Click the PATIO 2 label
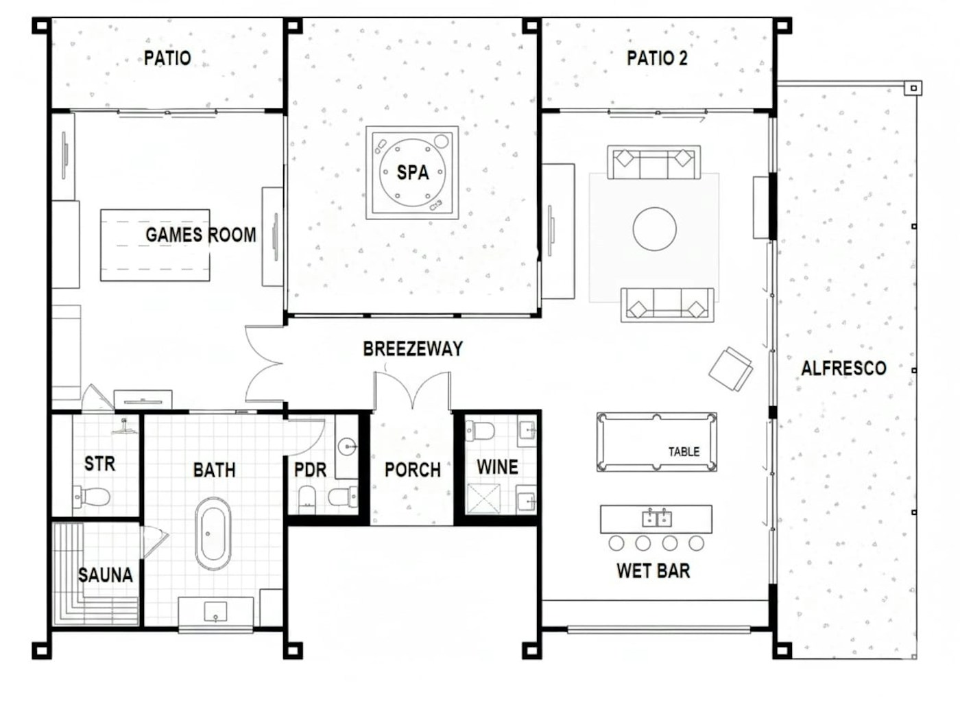(x=656, y=58)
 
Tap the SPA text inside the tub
(x=413, y=172)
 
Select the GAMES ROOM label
(x=200, y=235)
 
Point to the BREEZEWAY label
(x=413, y=348)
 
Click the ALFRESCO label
(x=843, y=368)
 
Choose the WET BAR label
(x=653, y=571)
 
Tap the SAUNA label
(x=105, y=575)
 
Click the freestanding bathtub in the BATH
(x=213, y=534)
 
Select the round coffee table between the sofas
(x=654, y=229)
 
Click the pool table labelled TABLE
(x=656, y=442)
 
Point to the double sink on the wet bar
(x=656, y=518)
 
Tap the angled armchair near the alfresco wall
(x=730, y=368)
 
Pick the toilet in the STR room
(x=93, y=495)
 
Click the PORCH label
(x=412, y=470)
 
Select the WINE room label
(x=497, y=467)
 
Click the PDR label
(x=310, y=471)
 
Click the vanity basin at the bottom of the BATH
(x=215, y=610)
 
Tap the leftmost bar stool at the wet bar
(x=616, y=543)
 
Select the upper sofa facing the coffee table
(x=653, y=163)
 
